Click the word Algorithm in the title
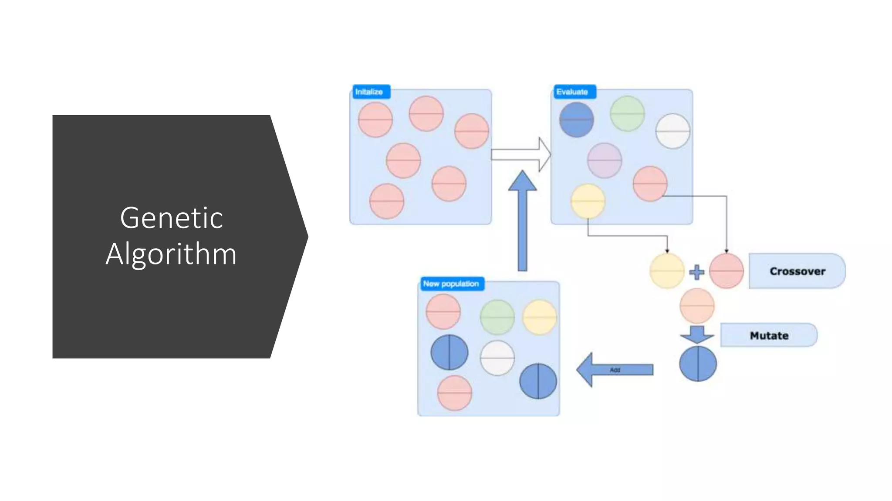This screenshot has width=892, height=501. [171, 254]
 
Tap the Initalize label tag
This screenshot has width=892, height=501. [370, 92]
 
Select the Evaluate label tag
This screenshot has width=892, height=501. [573, 92]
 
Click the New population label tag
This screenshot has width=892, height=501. [451, 284]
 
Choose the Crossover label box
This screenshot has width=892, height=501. [797, 271]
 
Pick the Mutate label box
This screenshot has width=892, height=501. [769, 335]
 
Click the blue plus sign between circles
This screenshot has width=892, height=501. [696, 272]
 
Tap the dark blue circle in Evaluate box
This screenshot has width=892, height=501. [576, 119]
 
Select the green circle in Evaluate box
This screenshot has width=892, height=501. [627, 114]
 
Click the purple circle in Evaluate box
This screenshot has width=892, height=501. [604, 160]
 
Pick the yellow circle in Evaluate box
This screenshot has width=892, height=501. [588, 201]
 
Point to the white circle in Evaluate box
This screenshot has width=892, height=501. [672, 131]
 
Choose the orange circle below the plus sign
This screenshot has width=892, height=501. [697, 306]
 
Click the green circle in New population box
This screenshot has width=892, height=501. [497, 317]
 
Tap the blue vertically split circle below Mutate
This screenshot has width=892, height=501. [698, 364]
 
